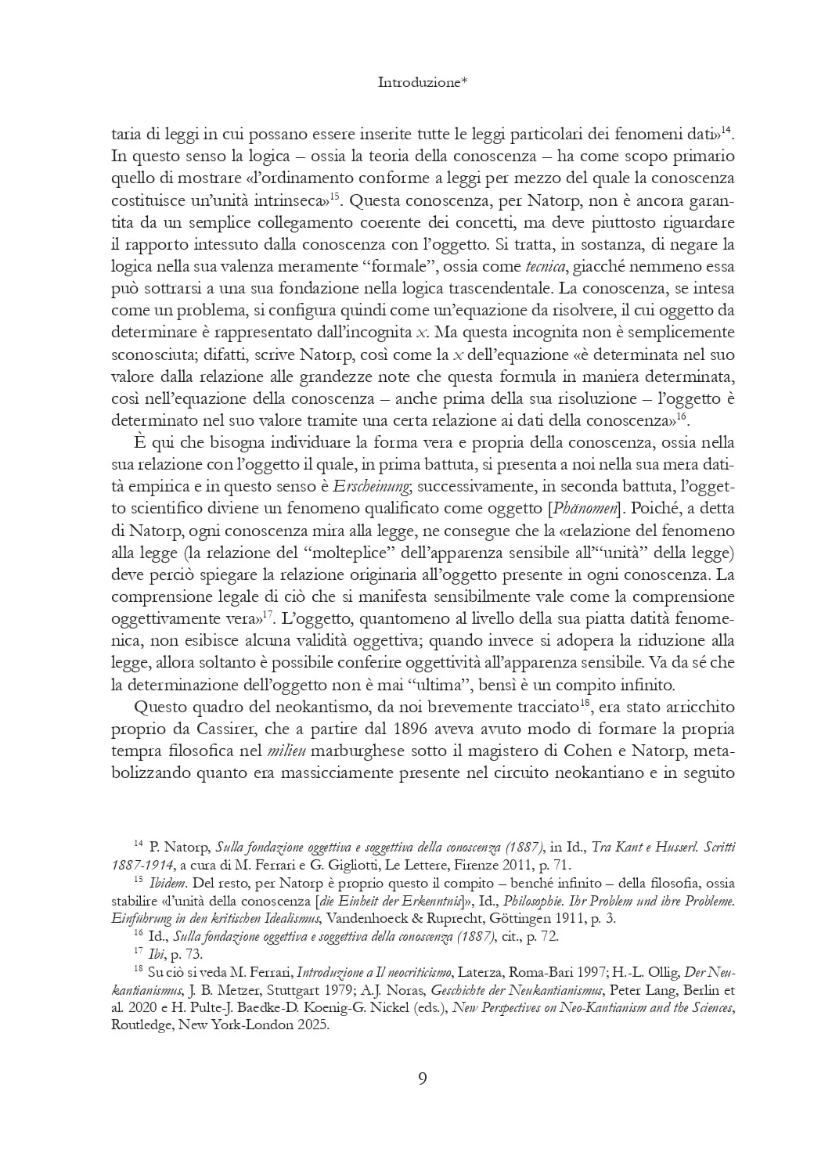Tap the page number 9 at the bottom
coord(423,1079)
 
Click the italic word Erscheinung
coord(371,487)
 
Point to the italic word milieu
coord(286,751)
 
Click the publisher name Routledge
coord(146,1025)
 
